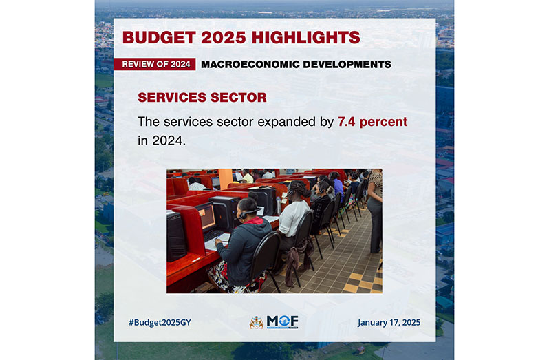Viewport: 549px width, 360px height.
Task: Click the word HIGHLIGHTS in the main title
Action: tap(305, 37)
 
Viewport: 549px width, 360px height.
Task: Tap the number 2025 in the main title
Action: tap(224, 37)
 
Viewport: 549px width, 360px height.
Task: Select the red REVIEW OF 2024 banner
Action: tap(154, 64)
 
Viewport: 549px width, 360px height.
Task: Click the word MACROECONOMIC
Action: tap(250, 65)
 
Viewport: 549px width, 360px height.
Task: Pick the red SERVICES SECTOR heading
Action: tap(202, 97)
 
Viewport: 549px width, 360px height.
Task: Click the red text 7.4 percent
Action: tap(373, 122)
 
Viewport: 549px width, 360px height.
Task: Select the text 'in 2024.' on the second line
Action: tap(162, 141)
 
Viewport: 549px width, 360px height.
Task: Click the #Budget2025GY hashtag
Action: tap(160, 323)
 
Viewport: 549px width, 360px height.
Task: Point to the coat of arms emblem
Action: tap(257, 322)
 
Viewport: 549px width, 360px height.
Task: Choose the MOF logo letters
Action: tap(283, 321)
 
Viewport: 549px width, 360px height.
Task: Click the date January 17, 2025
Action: tap(389, 323)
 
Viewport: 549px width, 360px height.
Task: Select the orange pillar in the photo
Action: tap(225, 178)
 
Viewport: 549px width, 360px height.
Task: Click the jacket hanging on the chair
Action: tap(296, 259)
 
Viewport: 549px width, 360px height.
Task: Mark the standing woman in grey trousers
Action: tap(375, 210)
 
